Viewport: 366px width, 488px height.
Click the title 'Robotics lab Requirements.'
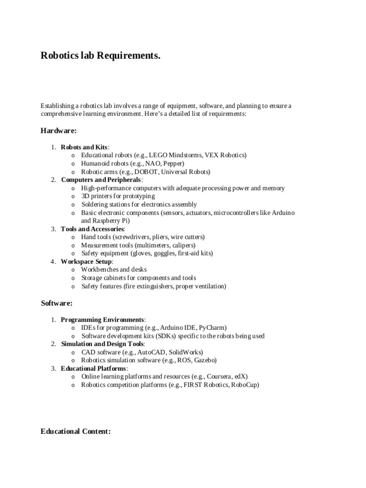pos(101,56)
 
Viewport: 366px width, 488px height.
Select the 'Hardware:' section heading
pos(59,130)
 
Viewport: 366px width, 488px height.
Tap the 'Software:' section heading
pos(57,303)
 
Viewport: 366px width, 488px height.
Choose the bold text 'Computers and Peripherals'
pos(101,180)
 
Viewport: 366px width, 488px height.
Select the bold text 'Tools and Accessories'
pos(92,229)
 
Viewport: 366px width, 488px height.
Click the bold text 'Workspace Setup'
pos(86,262)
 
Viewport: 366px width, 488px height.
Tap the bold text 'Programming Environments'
pos(102,319)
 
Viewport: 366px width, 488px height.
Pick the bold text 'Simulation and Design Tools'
pos(102,344)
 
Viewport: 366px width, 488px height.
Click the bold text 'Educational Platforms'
pos(94,368)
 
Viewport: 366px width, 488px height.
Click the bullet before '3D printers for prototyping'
pos(72,196)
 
